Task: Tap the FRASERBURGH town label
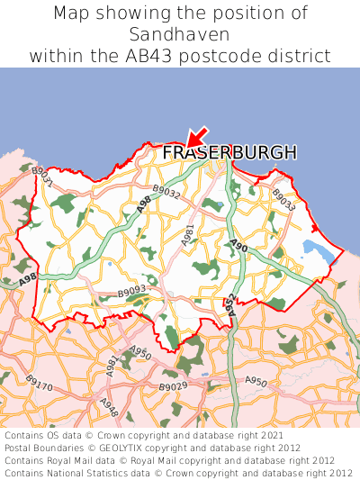click(x=229, y=154)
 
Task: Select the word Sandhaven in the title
click(x=180, y=34)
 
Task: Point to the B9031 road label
click(x=42, y=177)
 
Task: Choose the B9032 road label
click(x=166, y=191)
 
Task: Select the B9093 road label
click(x=131, y=293)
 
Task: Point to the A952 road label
click(x=230, y=305)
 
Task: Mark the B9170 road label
click(x=39, y=385)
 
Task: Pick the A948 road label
click(x=107, y=408)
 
